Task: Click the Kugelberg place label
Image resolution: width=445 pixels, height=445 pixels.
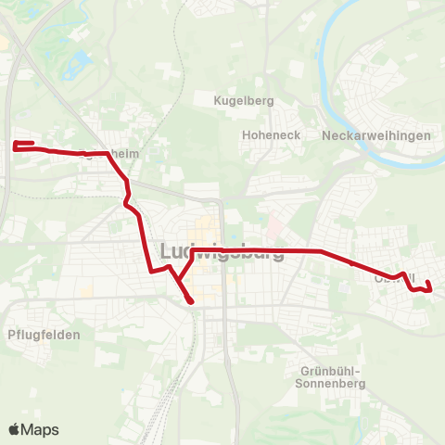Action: point(238,100)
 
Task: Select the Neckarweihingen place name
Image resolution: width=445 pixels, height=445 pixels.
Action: point(376,135)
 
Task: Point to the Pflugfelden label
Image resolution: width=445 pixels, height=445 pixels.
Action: point(44,335)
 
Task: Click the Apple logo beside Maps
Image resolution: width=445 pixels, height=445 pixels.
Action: point(14,429)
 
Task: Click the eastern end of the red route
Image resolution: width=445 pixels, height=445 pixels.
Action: point(431,289)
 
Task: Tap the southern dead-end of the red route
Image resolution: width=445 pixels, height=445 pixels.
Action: point(191,301)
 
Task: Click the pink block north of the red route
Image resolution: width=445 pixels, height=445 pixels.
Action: point(273,225)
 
